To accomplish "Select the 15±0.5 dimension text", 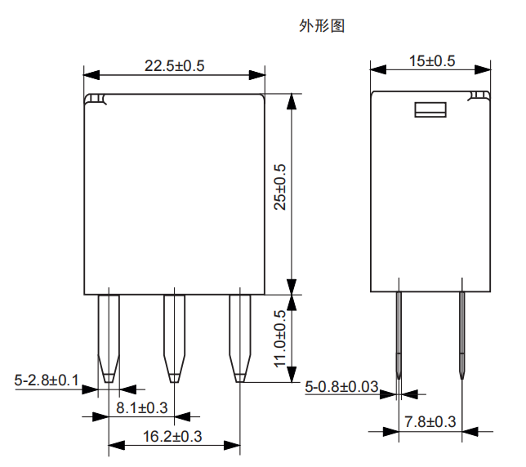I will click(x=431, y=61).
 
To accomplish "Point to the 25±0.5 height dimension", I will click(x=280, y=187).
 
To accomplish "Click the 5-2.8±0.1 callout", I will click(x=47, y=380).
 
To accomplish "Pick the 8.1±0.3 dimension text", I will click(x=142, y=407).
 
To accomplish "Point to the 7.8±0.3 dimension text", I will click(x=430, y=421).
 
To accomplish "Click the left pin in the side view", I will click(x=399, y=331).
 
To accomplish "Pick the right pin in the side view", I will click(x=462, y=331).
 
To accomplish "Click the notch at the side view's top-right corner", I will click(x=478, y=98).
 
